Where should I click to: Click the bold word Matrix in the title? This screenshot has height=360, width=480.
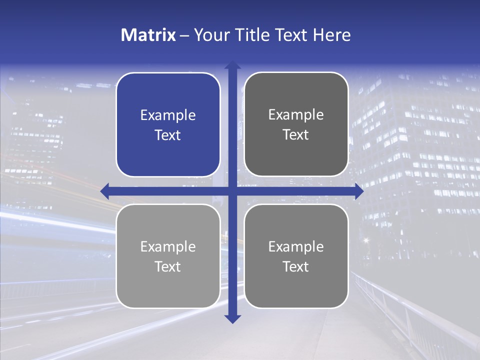[148, 35]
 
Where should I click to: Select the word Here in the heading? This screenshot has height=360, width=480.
[331, 35]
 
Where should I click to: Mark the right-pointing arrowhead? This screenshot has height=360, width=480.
[359, 191]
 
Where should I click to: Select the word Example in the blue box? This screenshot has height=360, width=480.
[168, 115]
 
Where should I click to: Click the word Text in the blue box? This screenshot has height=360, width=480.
[168, 135]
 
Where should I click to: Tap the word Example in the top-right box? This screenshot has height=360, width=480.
[296, 115]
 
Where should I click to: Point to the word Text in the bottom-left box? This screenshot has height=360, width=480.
[168, 266]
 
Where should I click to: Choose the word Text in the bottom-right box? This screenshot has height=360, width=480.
[296, 266]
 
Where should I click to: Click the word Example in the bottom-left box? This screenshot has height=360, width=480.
[168, 247]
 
